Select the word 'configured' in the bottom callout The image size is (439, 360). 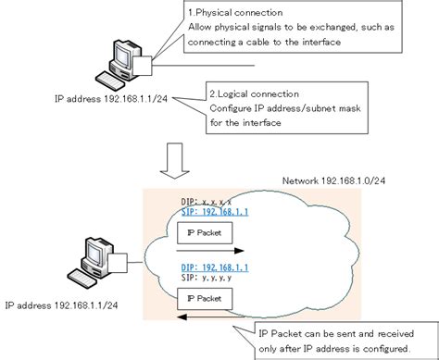[380, 348]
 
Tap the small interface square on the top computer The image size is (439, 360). [143, 65]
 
